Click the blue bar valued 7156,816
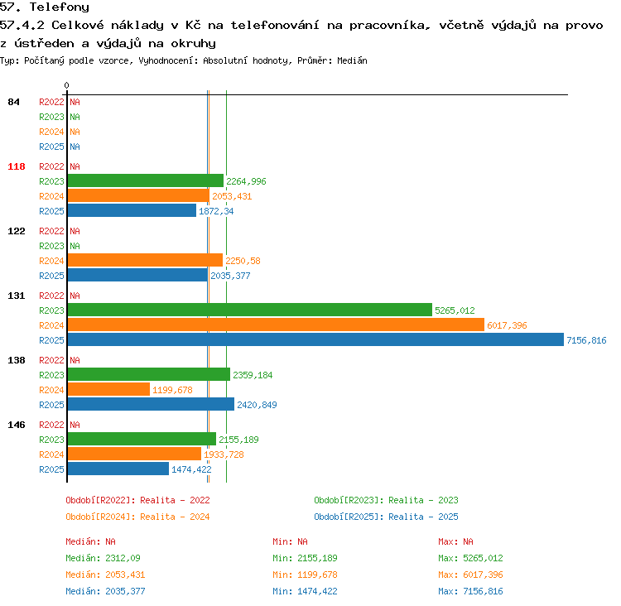[315, 339]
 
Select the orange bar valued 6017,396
[276, 325]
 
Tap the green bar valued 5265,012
[250, 310]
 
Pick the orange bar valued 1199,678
[109, 389]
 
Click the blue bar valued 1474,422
[118, 469]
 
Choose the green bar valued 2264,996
[146, 180]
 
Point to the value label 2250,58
[243, 261]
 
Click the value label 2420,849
[257, 405]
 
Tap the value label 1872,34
[216, 211]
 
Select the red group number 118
[17, 166]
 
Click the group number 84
[13, 102]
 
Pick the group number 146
[17, 425]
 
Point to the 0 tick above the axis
[66, 85]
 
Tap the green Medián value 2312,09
[123, 558]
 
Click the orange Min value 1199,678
[317, 575]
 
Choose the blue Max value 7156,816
[483, 591]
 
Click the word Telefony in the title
[60, 7]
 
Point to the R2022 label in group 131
[51, 296]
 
